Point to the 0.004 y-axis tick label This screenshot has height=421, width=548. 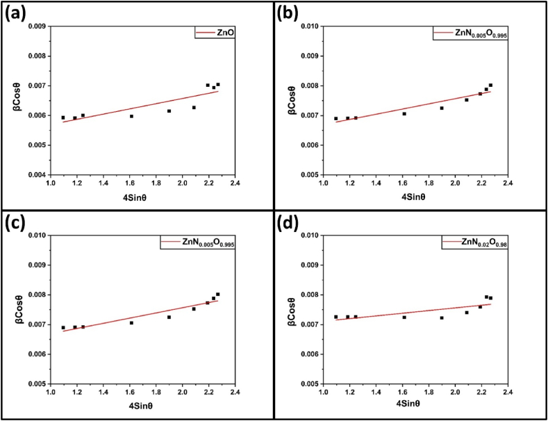point(35,174)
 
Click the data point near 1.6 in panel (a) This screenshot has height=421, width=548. point(131,116)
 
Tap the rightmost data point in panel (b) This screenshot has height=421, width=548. point(490,85)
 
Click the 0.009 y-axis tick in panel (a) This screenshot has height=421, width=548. point(35,26)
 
